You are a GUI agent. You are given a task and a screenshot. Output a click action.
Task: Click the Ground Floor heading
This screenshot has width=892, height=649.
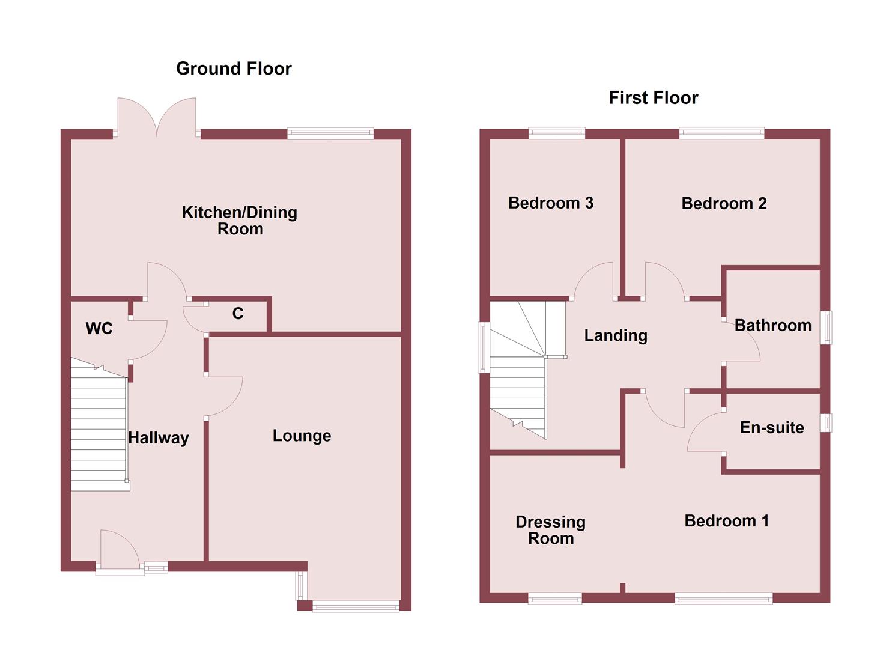click(234, 69)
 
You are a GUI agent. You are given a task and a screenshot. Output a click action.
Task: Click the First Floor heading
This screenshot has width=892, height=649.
click(653, 98)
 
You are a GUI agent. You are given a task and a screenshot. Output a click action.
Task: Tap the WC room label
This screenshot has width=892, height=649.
click(99, 329)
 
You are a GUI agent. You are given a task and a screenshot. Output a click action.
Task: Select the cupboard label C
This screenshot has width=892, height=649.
click(238, 314)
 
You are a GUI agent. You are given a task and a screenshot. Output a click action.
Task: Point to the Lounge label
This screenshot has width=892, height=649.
click(302, 436)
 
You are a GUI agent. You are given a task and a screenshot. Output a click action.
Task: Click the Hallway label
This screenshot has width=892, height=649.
click(158, 438)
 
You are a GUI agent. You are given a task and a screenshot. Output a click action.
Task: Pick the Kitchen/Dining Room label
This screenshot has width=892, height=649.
click(240, 220)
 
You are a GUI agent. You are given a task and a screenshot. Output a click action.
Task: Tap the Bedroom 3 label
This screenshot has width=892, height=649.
click(550, 203)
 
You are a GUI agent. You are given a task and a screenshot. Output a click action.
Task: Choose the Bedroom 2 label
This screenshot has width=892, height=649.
click(724, 204)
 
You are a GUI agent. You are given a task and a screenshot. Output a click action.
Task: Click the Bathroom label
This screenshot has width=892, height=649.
click(772, 326)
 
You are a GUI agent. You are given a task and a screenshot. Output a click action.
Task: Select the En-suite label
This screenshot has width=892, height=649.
click(772, 428)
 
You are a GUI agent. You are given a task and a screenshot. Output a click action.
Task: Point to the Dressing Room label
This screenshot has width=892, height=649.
click(550, 530)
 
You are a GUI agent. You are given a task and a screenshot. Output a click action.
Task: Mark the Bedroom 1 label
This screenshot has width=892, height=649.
click(726, 521)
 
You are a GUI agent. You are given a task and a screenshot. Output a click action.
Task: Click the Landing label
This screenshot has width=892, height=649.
click(616, 335)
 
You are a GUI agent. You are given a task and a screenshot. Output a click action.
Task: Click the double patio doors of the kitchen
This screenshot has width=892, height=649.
click(157, 117)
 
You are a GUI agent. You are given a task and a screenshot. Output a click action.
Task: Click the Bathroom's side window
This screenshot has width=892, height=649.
click(827, 327)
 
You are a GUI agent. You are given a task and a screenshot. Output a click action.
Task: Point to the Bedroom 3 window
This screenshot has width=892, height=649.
click(556, 133)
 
